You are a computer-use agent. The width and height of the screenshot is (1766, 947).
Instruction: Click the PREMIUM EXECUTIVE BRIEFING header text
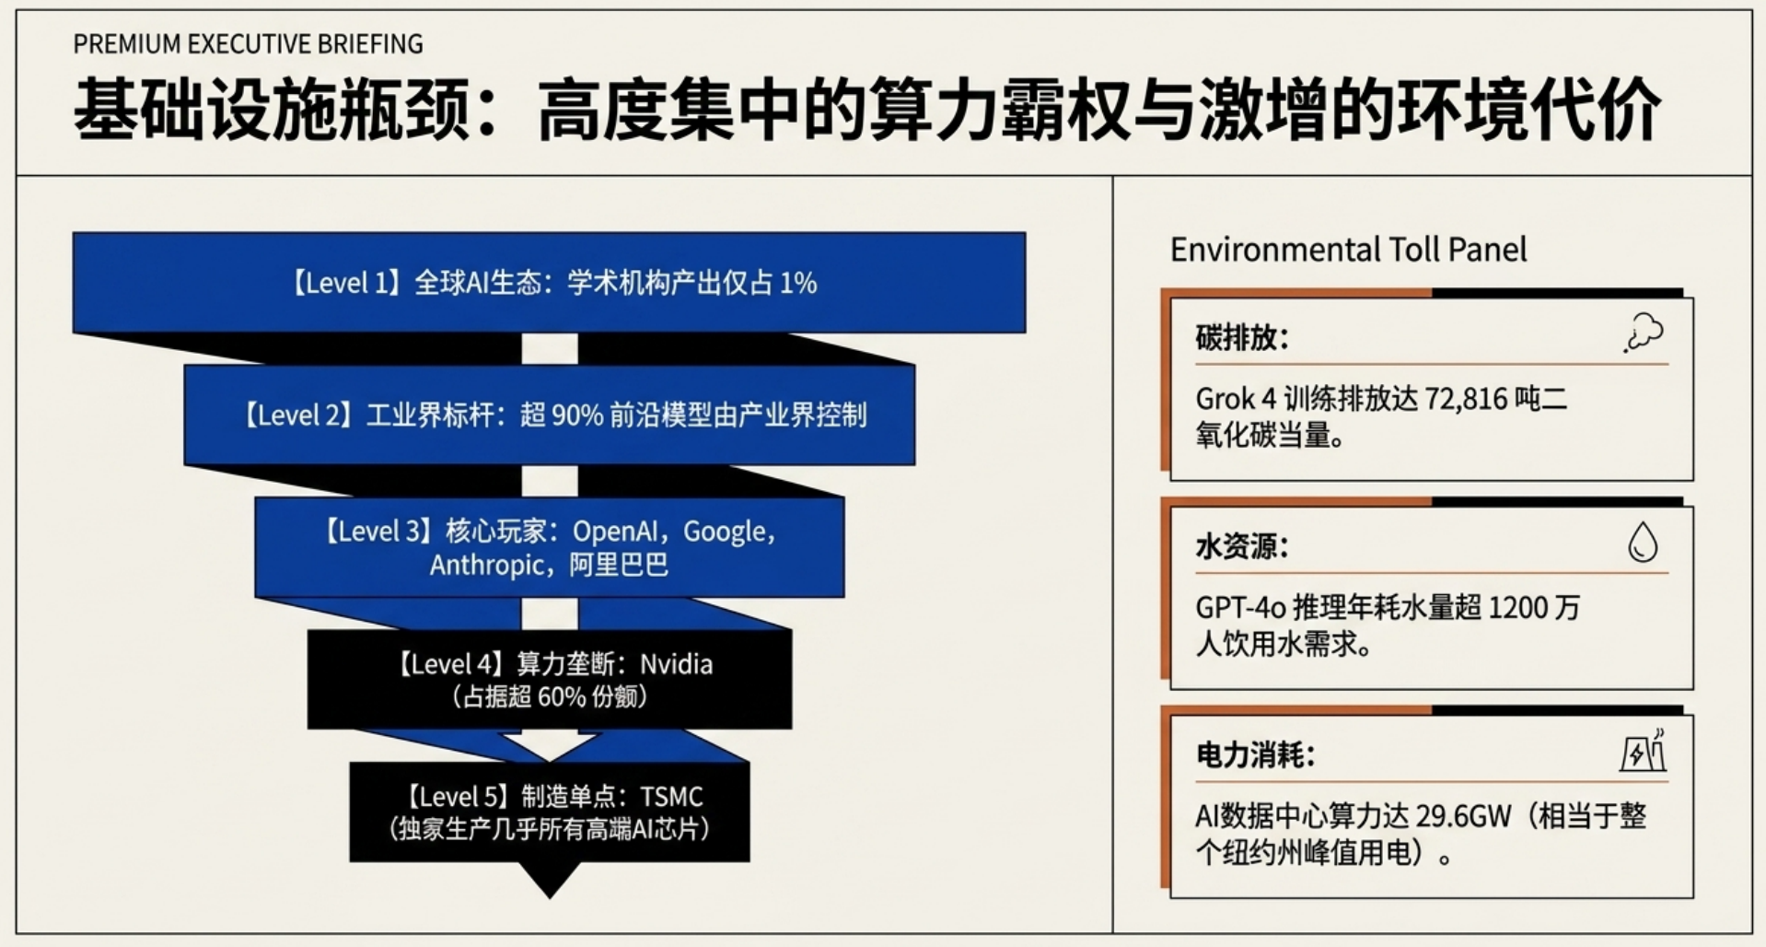[x=248, y=43]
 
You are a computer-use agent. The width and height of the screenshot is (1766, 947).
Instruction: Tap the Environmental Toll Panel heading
[x=1348, y=250]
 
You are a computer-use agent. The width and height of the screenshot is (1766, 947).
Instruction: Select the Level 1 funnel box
[x=549, y=282]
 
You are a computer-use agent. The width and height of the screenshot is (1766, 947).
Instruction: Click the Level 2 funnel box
[x=549, y=415]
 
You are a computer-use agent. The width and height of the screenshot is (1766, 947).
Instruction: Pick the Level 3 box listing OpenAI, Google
[x=549, y=547]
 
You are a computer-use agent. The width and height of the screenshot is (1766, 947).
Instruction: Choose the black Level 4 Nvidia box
[x=549, y=680]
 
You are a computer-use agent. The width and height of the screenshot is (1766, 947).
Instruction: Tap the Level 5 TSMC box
[x=549, y=813]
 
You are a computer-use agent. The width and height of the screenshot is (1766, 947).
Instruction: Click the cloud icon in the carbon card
[x=1644, y=333]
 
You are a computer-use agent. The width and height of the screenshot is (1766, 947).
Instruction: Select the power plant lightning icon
[x=1644, y=751]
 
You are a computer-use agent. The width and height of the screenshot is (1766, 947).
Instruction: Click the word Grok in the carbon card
[x=1225, y=399]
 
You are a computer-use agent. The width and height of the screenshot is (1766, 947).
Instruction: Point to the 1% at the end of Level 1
[x=798, y=283]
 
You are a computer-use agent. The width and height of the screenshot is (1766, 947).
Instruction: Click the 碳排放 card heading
[x=1242, y=338]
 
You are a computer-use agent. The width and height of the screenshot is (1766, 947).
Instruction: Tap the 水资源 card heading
[x=1242, y=547]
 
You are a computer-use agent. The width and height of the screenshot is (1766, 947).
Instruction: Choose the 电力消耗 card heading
[x=1255, y=755]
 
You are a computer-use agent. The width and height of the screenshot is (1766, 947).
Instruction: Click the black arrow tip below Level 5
[x=550, y=897]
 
